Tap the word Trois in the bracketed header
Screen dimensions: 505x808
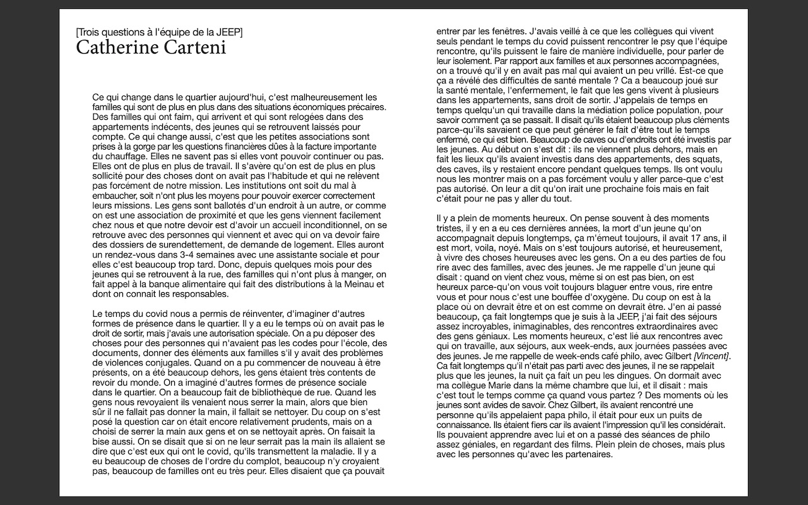[90, 32]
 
